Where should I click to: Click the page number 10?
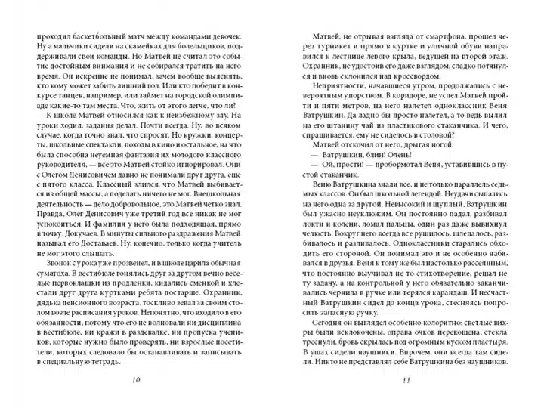(x=135, y=379)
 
